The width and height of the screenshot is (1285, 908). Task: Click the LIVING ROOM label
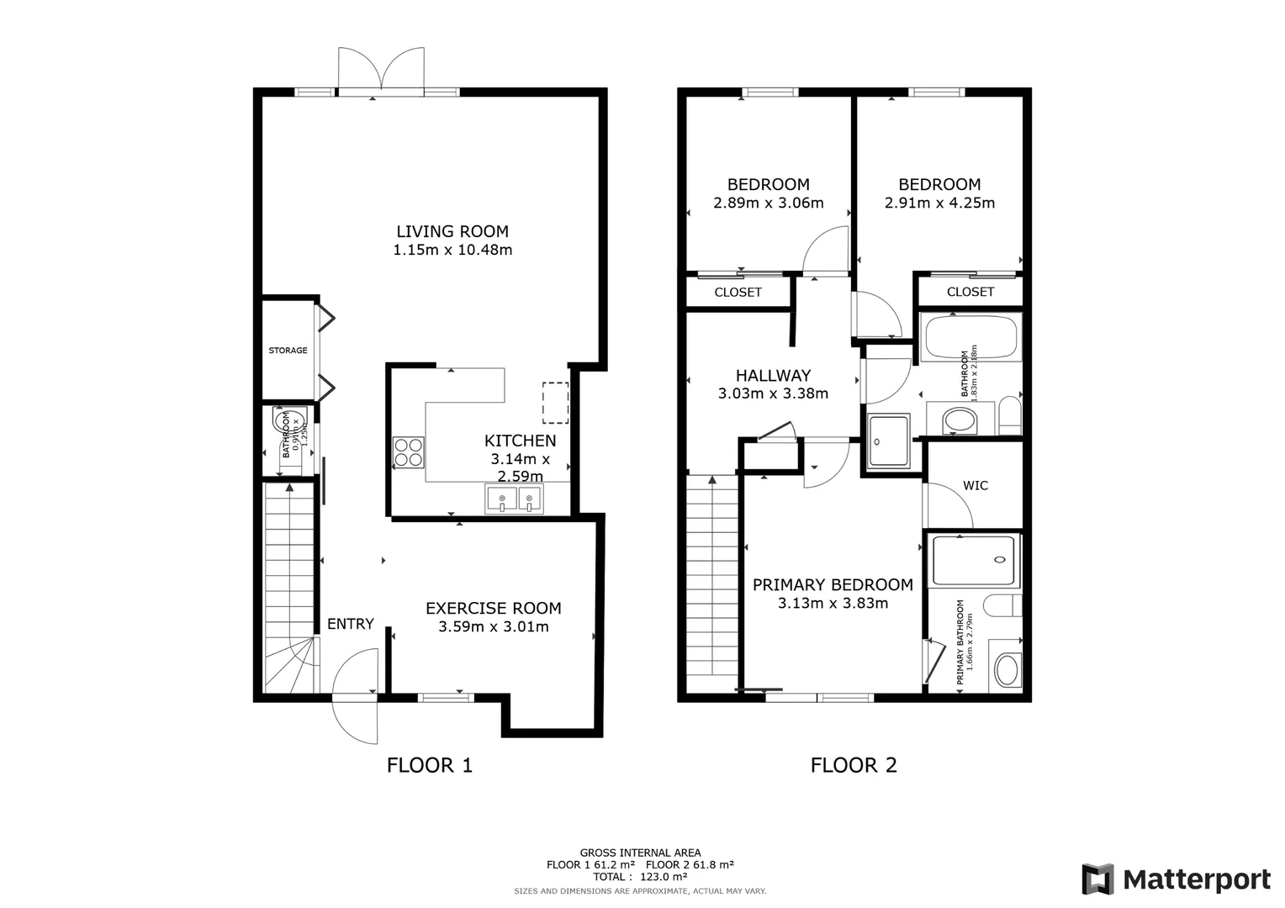[452, 231]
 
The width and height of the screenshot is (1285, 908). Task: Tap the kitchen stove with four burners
[409, 452]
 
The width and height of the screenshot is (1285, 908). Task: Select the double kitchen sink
[515, 499]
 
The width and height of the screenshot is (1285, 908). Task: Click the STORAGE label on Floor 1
[288, 351]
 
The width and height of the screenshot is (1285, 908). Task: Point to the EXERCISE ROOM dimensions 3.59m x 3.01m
[493, 627]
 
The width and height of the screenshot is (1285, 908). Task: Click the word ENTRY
[351, 624]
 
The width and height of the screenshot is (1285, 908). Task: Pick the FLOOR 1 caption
[429, 765]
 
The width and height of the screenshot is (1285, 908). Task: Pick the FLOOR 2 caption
[854, 765]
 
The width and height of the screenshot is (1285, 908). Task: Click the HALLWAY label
[773, 376]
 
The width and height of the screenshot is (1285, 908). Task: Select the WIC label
[976, 486]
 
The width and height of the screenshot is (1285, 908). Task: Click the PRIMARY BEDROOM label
[833, 585]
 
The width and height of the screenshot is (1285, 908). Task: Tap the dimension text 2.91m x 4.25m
[939, 203]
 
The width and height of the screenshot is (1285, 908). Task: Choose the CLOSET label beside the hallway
[738, 293]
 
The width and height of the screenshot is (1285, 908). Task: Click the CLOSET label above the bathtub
[970, 292]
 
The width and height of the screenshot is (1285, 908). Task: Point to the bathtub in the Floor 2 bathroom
[971, 338]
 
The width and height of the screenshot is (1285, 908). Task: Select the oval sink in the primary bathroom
[1006, 670]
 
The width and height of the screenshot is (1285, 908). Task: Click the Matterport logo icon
[1098, 879]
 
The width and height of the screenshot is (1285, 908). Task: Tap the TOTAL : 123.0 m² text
[640, 877]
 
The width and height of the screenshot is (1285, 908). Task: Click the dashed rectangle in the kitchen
[555, 403]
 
